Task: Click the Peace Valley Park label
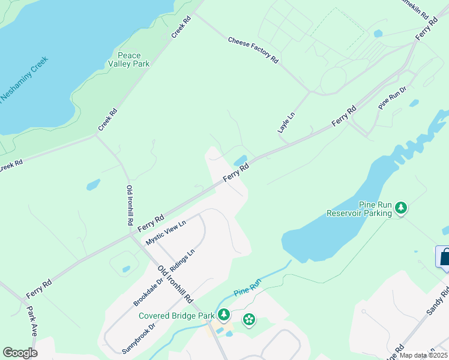[x=129, y=59]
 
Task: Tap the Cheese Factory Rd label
[x=253, y=50]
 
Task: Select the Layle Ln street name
[x=287, y=122]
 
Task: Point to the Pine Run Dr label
[x=393, y=98]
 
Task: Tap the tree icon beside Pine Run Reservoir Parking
[x=401, y=208]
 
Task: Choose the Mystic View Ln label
[x=166, y=232]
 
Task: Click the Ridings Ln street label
[x=182, y=262]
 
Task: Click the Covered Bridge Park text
[x=176, y=316]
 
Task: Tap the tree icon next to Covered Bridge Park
[x=224, y=314]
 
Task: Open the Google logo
[x=20, y=353]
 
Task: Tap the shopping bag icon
[x=444, y=258]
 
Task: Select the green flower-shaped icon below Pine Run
[x=249, y=320]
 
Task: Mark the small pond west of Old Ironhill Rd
[x=93, y=185]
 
